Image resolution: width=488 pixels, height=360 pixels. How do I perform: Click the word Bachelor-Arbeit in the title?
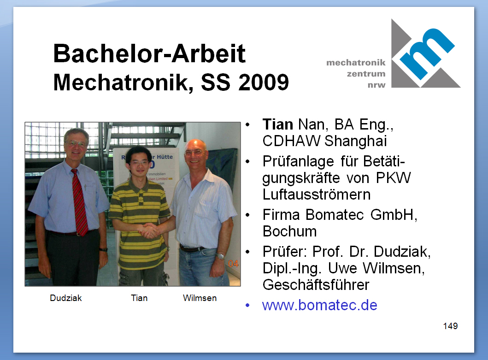click(x=149, y=53)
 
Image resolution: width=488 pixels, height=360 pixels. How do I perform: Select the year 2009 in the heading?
click(x=264, y=83)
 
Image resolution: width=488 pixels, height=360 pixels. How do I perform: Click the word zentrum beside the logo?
click(x=366, y=74)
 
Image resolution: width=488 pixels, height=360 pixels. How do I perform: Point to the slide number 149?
click(x=450, y=326)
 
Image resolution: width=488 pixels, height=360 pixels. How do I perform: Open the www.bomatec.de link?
click(x=320, y=305)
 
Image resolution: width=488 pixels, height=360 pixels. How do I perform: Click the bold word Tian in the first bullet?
click(x=277, y=124)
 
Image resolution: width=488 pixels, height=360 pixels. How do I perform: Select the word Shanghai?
click(x=355, y=141)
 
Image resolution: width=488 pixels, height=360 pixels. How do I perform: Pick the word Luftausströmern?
click(x=317, y=195)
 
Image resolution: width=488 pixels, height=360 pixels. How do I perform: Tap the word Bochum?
click(x=289, y=231)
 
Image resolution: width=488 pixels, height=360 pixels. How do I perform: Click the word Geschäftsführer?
click(x=316, y=285)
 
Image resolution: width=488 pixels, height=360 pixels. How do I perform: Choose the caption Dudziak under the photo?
click(x=66, y=298)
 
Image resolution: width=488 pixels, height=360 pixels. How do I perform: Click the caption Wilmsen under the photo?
click(x=200, y=298)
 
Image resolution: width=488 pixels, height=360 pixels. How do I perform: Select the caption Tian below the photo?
click(x=139, y=298)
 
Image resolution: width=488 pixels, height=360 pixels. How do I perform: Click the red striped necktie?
click(x=80, y=202)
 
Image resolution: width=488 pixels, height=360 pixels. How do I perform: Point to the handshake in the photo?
click(x=149, y=230)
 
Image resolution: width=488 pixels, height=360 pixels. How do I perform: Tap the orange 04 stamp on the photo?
click(x=233, y=264)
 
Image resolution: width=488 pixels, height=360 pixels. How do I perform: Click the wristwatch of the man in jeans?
click(x=221, y=256)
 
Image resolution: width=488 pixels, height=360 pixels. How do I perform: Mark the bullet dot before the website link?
click(x=247, y=305)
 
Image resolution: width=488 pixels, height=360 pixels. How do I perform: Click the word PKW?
click(x=394, y=178)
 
